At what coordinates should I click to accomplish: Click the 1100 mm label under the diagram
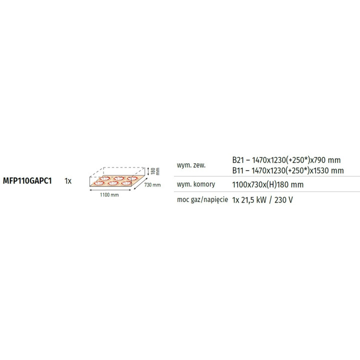click(110, 194)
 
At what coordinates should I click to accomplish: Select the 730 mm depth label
click(153, 185)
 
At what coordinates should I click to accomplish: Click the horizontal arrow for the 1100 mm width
click(110, 190)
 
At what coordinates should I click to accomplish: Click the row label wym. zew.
click(191, 165)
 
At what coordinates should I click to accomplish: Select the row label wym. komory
click(196, 184)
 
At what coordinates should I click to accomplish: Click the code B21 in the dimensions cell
click(238, 160)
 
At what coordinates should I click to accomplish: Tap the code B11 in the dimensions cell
click(238, 170)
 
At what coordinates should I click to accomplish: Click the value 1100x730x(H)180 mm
click(267, 184)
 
